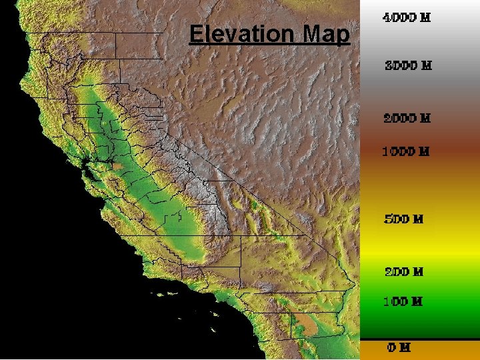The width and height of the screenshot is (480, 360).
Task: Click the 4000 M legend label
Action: click(406, 18)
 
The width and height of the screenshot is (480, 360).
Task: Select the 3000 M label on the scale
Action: click(408, 66)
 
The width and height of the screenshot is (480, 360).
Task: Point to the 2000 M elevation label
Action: click(407, 119)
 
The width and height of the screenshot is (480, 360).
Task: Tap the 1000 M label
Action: click(405, 151)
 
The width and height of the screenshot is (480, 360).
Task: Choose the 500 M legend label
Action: click(404, 219)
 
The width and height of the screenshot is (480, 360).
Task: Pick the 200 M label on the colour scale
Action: click(403, 272)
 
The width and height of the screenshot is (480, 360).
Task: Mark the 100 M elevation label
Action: click(403, 301)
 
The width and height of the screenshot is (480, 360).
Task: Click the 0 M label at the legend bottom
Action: click(399, 347)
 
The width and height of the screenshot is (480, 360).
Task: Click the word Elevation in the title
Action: click(243, 33)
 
